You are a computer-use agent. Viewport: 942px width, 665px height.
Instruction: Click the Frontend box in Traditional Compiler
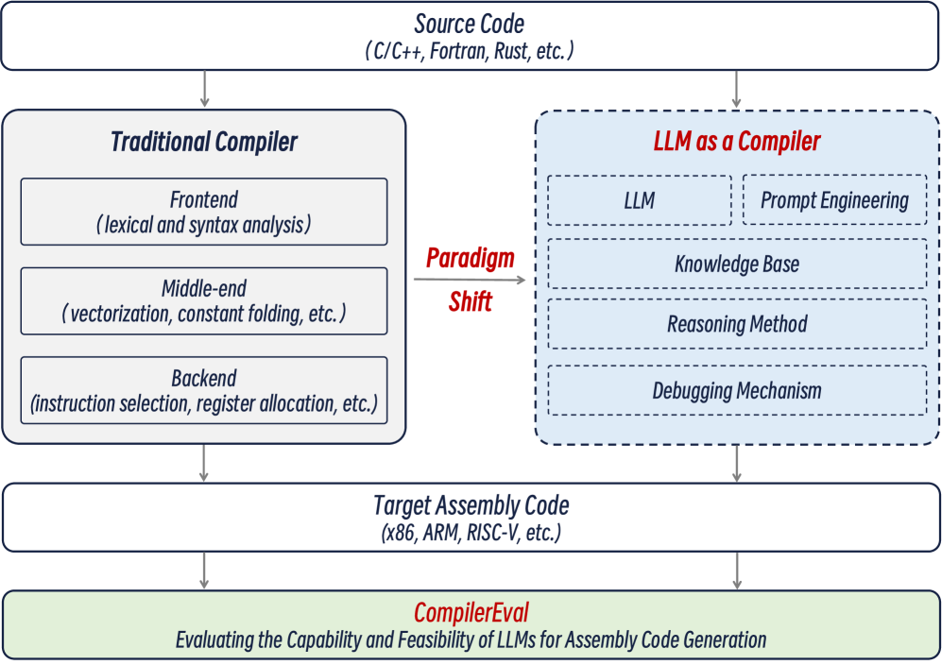[203, 212]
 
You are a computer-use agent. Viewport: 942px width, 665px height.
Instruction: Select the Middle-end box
[203, 300]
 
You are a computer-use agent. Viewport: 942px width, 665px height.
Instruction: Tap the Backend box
[203, 389]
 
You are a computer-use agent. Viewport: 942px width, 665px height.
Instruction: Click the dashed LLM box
[640, 199]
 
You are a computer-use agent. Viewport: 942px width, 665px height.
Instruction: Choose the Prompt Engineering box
[834, 199]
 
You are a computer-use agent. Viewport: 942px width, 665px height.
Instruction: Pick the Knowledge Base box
[737, 264]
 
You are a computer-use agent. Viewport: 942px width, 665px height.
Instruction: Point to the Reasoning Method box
[737, 324]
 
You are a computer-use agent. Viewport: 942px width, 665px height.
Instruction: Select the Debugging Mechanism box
[737, 390]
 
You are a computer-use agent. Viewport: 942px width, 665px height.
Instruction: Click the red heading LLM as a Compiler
[737, 142]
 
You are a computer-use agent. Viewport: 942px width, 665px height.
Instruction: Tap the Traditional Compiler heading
[204, 142]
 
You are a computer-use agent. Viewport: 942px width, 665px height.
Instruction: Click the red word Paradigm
[471, 257]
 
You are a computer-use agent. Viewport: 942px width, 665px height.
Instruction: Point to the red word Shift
[471, 305]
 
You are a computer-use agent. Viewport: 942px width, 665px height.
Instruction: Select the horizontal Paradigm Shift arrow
[470, 280]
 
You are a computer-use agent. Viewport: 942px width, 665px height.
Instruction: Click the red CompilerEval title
[470, 612]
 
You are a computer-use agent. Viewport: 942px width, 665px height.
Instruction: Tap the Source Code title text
[470, 25]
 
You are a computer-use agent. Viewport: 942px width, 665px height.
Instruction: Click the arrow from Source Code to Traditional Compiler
[204, 89]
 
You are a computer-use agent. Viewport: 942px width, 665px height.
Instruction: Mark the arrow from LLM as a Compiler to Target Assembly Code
[737, 464]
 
